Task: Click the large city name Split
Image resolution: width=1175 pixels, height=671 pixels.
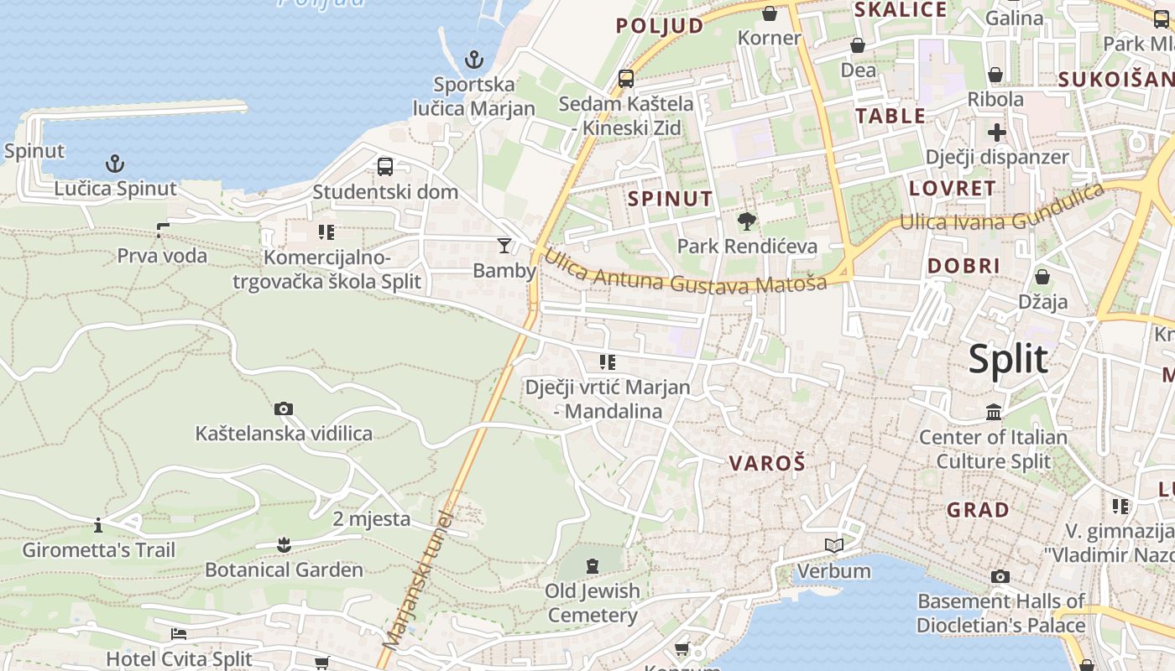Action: pyautogui.click(x=1008, y=359)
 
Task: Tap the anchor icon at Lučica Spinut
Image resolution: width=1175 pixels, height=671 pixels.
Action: pyautogui.click(x=115, y=164)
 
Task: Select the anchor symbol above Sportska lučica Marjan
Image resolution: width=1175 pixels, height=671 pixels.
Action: pyautogui.click(x=475, y=60)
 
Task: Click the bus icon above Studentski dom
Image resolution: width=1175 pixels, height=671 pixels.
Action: pyautogui.click(x=385, y=166)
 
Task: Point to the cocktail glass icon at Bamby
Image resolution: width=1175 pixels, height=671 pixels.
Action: pyautogui.click(x=504, y=245)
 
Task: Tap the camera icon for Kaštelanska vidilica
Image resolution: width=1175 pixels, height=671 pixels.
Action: pyautogui.click(x=284, y=408)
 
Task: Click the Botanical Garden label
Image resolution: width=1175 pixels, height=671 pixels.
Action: pyautogui.click(x=285, y=570)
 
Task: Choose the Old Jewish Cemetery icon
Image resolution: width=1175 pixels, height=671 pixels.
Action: pyautogui.click(x=593, y=565)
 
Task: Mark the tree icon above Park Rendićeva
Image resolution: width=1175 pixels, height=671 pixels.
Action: pyautogui.click(x=746, y=221)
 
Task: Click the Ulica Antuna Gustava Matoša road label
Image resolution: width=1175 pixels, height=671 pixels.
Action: pyautogui.click(x=685, y=272)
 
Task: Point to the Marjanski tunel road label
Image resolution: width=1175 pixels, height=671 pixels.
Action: pyautogui.click(x=416, y=580)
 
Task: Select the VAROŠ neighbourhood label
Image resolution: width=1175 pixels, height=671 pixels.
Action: pyautogui.click(x=767, y=462)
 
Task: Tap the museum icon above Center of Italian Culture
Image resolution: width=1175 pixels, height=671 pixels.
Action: pyautogui.click(x=994, y=412)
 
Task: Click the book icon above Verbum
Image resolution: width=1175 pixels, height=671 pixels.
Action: pyautogui.click(x=833, y=546)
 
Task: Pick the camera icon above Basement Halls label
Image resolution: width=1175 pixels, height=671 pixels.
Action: pyautogui.click(x=1000, y=576)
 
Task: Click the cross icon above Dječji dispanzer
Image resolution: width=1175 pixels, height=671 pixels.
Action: pyautogui.click(x=997, y=133)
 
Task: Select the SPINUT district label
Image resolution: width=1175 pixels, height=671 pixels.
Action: pyautogui.click(x=671, y=199)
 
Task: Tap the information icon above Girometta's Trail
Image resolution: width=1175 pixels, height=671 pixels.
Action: pyautogui.click(x=98, y=525)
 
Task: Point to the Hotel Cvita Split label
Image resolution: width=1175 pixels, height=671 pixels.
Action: pyautogui.click(x=179, y=658)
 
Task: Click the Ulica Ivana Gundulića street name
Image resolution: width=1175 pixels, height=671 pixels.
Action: pyautogui.click(x=1002, y=207)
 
